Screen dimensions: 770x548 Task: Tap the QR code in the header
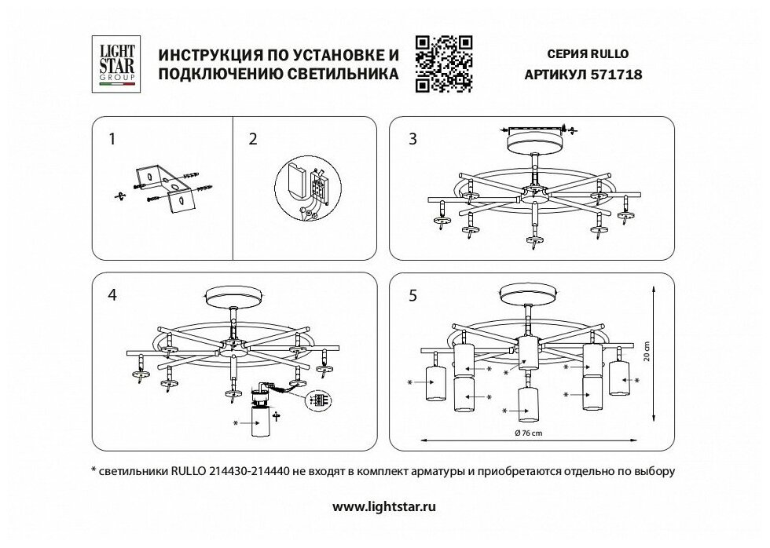(442, 64)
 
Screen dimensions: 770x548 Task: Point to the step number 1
(113, 140)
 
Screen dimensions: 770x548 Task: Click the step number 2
(252, 140)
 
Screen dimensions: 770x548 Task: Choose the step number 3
(412, 140)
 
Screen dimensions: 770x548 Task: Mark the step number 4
(113, 295)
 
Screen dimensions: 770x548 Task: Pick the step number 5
(412, 295)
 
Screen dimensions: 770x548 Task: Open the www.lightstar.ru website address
(384, 506)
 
